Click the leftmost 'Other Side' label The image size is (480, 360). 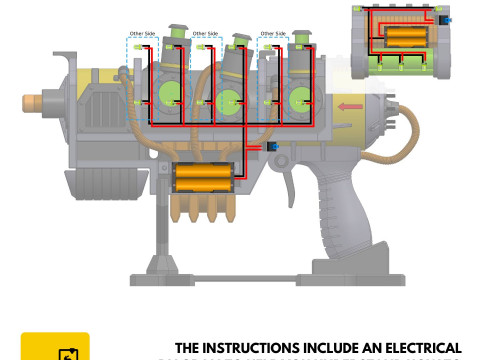[x=142, y=34]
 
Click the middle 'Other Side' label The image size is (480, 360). [x=205, y=34]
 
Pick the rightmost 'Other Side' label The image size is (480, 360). [x=271, y=34]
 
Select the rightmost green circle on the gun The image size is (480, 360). [x=299, y=99]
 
